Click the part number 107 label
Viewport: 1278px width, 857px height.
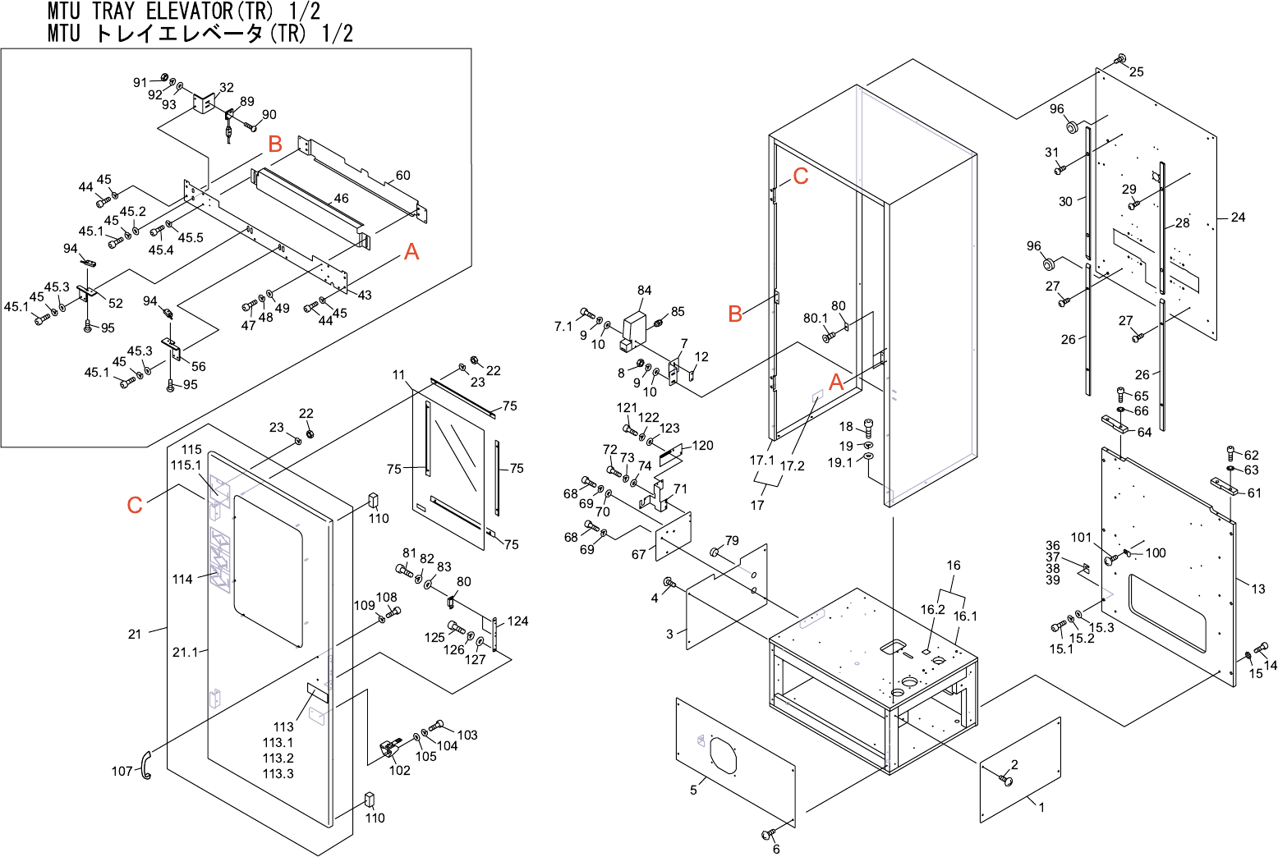click(x=122, y=772)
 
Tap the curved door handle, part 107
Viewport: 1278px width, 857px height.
click(x=146, y=765)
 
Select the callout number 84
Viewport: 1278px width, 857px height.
click(x=644, y=291)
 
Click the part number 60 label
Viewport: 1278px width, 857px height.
click(x=402, y=176)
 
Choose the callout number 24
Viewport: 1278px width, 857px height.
click(x=1238, y=218)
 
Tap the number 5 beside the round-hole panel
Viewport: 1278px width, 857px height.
click(x=693, y=791)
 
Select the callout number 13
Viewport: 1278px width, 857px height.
click(x=1258, y=589)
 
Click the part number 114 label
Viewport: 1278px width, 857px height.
click(x=182, y=580)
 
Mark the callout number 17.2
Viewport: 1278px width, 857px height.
click(x=792, y=465)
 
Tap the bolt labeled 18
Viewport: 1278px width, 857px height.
click(x=869, y=428)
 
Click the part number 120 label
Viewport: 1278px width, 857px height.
click(x=703, y=445)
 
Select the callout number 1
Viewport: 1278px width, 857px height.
click(x=1041, y=808)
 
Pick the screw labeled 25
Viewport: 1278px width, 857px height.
click(x=1120, y=59)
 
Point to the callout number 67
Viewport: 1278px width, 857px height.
click(x=638, y=554)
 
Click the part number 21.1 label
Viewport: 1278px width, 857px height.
click(x=185, y=652)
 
